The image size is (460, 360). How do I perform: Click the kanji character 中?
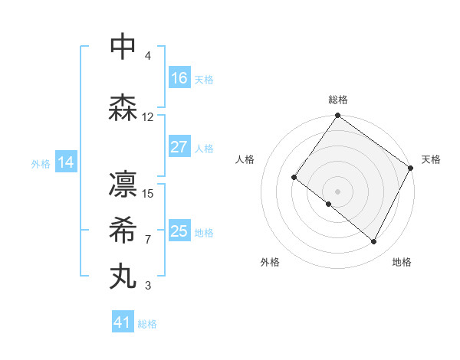pos(123,47)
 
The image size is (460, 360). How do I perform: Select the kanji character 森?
pos(123,108)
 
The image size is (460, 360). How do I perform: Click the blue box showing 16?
pos(179,78)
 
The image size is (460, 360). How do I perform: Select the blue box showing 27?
pos(179,148)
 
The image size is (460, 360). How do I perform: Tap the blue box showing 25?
pos(179,231)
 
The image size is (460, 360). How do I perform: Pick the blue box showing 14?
pos(66,162)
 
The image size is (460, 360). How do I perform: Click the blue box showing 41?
pos(123,322)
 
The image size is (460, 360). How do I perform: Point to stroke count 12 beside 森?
pos(148,116)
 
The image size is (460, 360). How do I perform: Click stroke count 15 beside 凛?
pos(148,193)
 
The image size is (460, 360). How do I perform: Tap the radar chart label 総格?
pos(337,100)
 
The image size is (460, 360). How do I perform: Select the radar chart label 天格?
pos(431,159)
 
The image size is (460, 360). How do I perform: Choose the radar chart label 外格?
pos(270,262)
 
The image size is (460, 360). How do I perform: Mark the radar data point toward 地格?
pos(374,242)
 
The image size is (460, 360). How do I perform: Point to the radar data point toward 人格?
pos(294,178)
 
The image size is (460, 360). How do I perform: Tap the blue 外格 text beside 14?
pos(41,163)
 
